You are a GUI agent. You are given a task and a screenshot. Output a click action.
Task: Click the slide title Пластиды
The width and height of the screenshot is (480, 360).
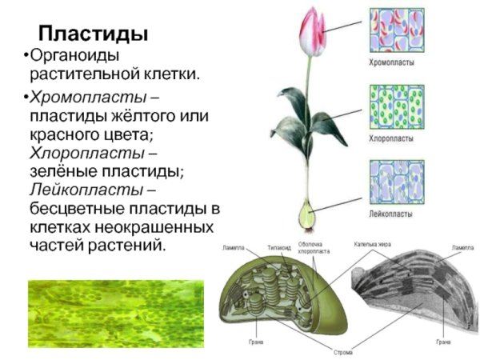[x=94, y=34]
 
